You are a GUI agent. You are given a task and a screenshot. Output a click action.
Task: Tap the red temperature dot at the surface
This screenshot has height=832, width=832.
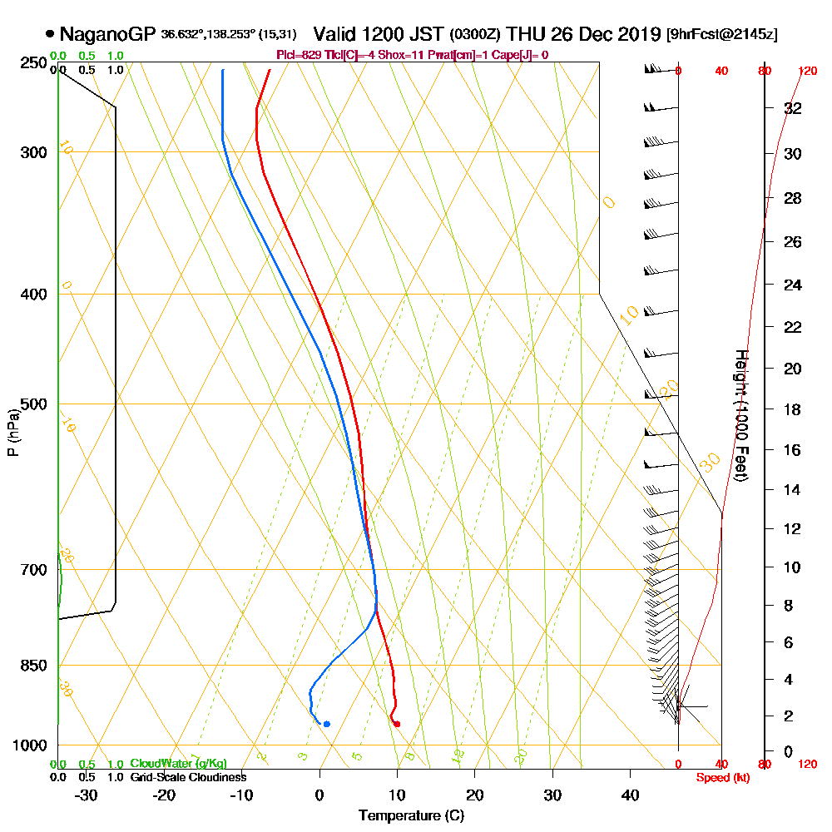pyautogui.click(x=396, y=724)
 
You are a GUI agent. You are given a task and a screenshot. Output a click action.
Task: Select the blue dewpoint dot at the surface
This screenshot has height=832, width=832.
pyautogui.click(x=327, y=724)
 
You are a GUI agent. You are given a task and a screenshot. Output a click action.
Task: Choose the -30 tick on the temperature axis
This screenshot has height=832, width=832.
pyautogui.click(x=87, y=795)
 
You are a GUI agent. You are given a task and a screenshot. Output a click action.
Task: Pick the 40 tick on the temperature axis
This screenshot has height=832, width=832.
pyautogui.click(x=630, y=795)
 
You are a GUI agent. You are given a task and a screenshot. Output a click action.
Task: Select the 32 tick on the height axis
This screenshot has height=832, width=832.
pyautogui.click(x=793, y=108)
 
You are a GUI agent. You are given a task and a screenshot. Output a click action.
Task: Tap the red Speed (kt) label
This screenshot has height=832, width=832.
pyautogui.click(x=719, y=778)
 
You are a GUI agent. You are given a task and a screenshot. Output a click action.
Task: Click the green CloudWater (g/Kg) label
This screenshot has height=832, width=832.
pyautogui.click(x=178, y=764)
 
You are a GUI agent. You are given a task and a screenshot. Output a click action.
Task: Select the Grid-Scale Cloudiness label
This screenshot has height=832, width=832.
pyautogui.click(x=188, y=777)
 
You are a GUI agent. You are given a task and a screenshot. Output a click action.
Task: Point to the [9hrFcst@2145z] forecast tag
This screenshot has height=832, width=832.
pyautogui.click(x=722, y=35)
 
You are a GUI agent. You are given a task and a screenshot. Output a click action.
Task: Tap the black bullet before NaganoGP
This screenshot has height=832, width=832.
pyautogui.click(x=51, y=34)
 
